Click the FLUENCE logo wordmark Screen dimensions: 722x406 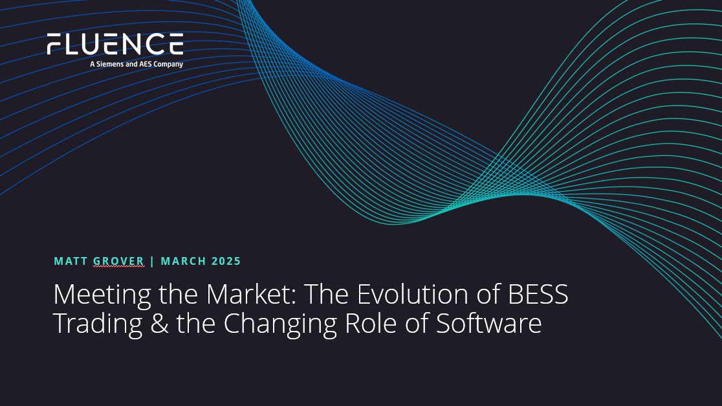pos(115,44)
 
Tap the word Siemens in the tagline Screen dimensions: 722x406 pos(110,64)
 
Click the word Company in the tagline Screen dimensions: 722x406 pos(168,65)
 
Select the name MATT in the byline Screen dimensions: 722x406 pos(71,262)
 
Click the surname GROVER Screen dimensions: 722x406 pos(119,262)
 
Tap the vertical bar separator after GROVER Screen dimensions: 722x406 pos(153,262)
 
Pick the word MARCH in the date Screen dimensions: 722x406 pos(183,262)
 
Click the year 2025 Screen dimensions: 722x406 pos(226,262)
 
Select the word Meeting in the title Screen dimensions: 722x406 pos(102,295)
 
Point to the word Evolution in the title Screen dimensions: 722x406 pos(413,294)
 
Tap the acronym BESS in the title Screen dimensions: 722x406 pos(538,294)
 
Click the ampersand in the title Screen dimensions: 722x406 pos(159,324)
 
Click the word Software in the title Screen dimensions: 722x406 pos(488,324)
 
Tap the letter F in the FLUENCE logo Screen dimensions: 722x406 pos(54,44)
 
